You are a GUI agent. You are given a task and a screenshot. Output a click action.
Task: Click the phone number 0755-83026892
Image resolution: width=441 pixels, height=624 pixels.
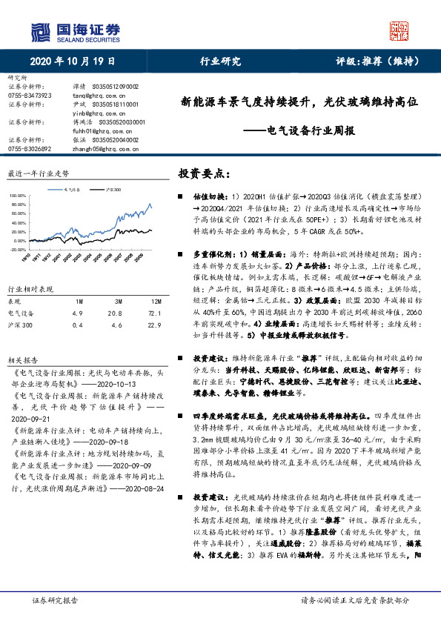tap(29, 148)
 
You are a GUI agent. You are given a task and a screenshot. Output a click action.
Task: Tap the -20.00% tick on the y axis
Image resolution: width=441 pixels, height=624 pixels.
tap(17, 250)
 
